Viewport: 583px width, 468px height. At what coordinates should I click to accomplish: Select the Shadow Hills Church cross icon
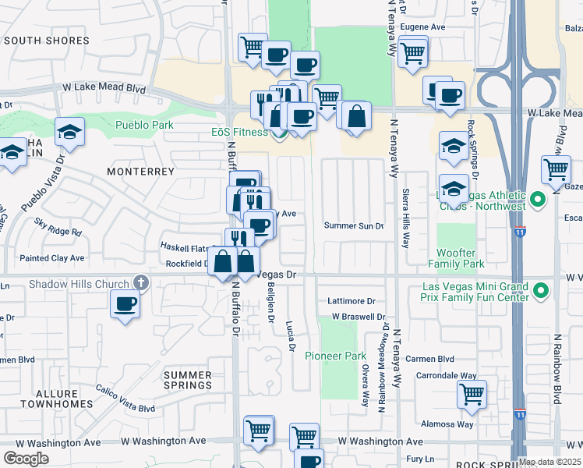coord(140,282)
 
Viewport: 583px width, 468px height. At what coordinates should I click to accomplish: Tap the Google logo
coord(26,459)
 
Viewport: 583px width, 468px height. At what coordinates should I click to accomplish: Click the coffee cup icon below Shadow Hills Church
coord(124,303)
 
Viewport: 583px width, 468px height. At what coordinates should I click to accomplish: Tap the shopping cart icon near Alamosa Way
coord(472,395)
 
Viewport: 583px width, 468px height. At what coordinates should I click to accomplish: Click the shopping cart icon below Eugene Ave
coord(412,52)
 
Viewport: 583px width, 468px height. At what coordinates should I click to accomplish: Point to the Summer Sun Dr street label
coord(354,226)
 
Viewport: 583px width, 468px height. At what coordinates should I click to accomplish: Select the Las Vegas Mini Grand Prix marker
coord(541,292)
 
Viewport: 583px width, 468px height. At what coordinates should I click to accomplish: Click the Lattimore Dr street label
coord(352,300)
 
